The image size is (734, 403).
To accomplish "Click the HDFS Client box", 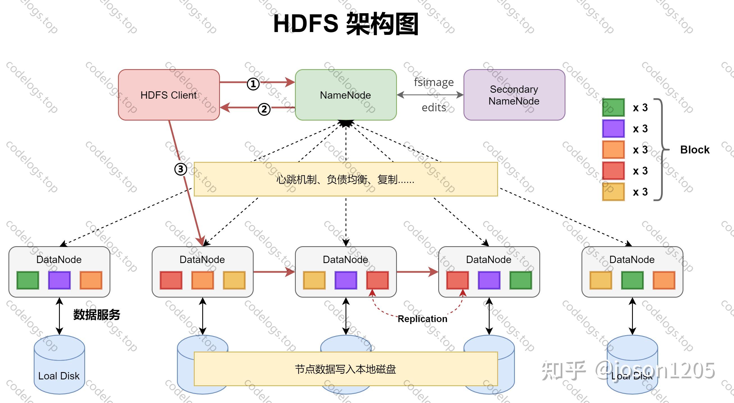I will tap(169, 95).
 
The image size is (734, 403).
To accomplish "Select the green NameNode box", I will tap(346, 95).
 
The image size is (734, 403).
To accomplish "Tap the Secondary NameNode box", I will tap(514, 95).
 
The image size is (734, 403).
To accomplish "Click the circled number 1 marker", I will tap(253, 84).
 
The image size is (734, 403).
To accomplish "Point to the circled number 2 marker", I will tap(264, 109).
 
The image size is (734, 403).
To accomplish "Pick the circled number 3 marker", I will tap(181, 169).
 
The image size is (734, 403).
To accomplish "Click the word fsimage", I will tap(434, 82).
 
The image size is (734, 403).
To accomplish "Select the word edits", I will tap(434, 108).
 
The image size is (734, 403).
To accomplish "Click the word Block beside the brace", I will tap(695, 150).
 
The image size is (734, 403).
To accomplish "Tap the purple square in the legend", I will tap(613, 128).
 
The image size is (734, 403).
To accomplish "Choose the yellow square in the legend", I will tap(613, 192).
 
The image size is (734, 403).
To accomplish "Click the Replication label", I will tap(422, 319).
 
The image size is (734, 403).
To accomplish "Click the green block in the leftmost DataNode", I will tap(28, 280).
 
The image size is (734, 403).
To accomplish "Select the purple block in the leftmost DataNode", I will tap(59, 280).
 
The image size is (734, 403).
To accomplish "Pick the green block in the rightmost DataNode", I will tap(632, 280).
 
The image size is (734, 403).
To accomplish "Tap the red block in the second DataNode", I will tap(171, 280).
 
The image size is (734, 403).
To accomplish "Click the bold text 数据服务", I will tap(97, 315).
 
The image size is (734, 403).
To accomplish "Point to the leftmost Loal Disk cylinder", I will tap(59, 365).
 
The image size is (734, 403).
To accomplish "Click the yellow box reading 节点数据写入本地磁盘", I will tap(346, 369).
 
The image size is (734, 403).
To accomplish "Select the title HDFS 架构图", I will tap(346, 24).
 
